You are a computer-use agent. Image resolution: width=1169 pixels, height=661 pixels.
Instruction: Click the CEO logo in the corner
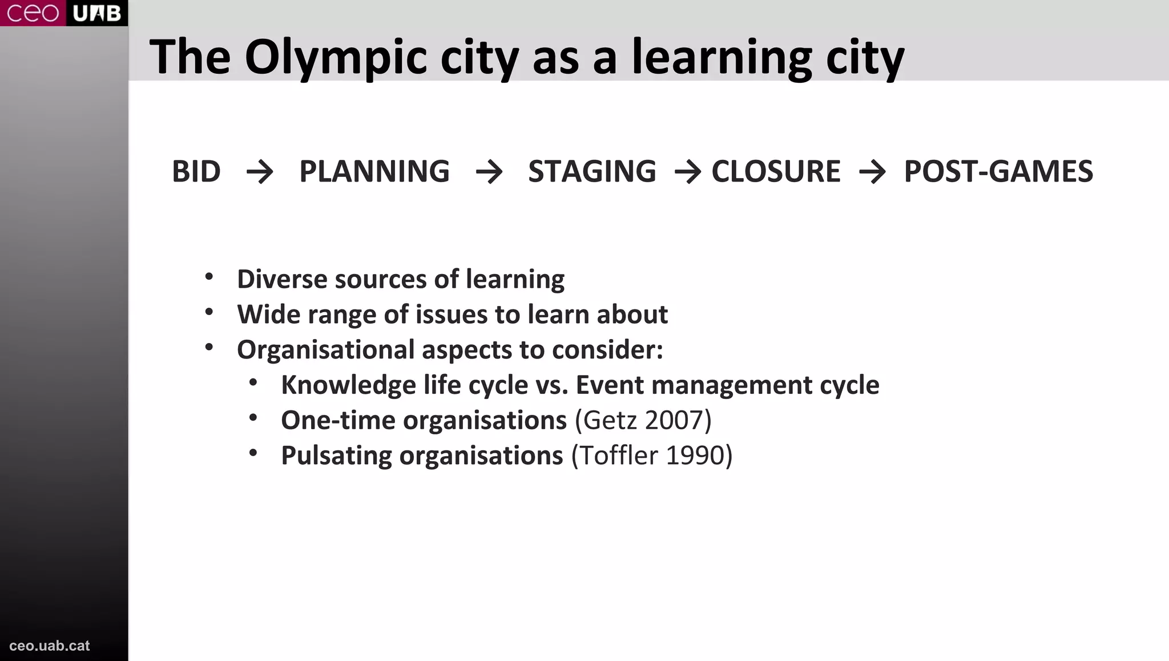coord(33,13)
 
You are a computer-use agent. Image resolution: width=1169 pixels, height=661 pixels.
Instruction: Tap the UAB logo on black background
coord(97,13)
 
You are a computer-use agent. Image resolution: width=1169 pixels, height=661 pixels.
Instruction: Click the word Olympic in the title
coord(336,58)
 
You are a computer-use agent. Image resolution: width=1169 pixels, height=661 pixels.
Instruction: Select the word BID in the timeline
coord(196,171)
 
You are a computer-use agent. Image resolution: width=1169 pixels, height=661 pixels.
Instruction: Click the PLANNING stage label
coord(374,171)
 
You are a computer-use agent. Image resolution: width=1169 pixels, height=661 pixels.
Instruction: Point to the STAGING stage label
coord(592,171)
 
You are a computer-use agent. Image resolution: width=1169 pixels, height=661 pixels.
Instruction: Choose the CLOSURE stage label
coord(776,171)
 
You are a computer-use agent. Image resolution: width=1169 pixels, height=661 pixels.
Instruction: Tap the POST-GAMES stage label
coord(998,171)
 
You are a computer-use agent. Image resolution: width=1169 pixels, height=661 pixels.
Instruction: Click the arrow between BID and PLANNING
coord(260,172)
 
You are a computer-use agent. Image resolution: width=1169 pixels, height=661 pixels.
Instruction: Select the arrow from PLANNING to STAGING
coord(489,172)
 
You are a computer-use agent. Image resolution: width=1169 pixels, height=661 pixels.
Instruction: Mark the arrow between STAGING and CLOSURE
coord(687,172)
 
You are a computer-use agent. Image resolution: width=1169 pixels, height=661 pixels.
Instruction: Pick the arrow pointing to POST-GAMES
coord(872,172)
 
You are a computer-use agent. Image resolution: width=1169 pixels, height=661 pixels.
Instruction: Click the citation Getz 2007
coord(643,421)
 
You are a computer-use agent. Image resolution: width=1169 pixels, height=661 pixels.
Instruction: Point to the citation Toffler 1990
coord(652,456)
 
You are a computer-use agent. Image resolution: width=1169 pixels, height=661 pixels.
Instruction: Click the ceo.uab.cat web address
coord(50,646)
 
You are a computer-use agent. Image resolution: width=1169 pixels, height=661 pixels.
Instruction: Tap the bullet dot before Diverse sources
coord(209,277)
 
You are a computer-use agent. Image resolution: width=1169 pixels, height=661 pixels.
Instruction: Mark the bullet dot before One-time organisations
coord(253,418)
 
